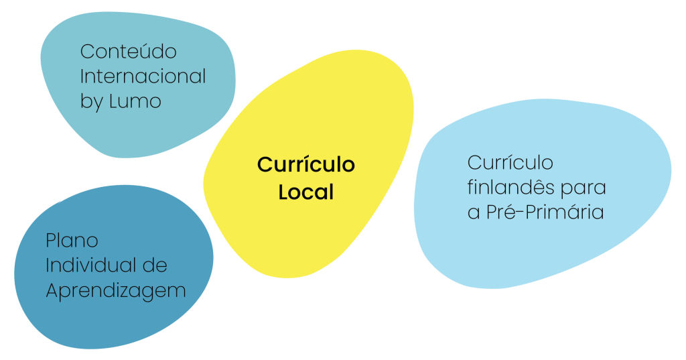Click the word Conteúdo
pos(129,52)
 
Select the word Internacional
pos(143,76)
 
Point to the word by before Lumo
pos(92,102)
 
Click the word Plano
pos(72,240)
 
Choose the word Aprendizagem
pos(115,290)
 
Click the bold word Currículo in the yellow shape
pos(306,165)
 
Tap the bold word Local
pos(306,192)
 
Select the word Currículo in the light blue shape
pos(510,163)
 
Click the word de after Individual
pos(154,265)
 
